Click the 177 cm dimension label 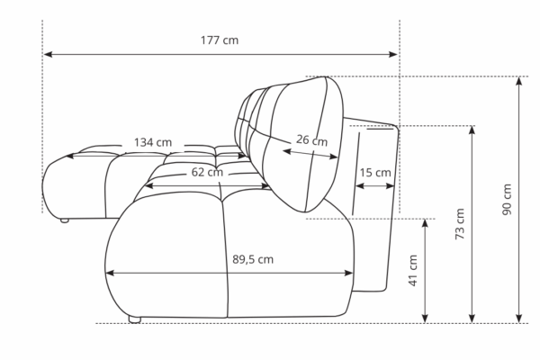(220, 40)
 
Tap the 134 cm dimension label (153, 142)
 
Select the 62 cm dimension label (207, 172)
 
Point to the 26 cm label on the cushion (312, 139)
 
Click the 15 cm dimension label (375, 172)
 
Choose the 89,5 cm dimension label (253, 259)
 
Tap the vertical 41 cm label (413, 270)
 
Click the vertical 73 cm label (460, 224)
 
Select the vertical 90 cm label (507, 200)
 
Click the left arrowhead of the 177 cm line (48, 54)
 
